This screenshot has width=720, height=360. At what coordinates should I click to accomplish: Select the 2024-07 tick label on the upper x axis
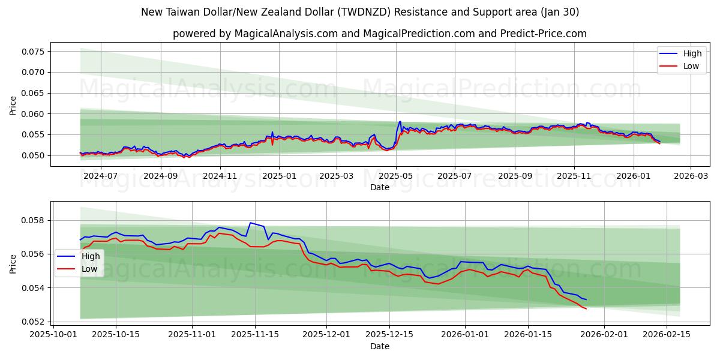click(100, 176)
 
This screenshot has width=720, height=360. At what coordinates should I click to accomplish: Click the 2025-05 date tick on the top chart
click(395, 176)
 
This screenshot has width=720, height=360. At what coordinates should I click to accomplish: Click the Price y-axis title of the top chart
click(13, 104)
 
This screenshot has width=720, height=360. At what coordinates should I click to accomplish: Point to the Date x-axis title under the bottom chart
click(379, 346)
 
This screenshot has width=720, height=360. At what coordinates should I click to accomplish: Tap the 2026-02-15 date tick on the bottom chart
click(667, 334)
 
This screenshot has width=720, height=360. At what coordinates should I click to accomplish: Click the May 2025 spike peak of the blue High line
click(400, 122)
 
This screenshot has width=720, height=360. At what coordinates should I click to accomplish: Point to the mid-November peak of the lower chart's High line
click(250, 223)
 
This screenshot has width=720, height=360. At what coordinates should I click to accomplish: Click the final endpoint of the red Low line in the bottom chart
click(586, 308)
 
